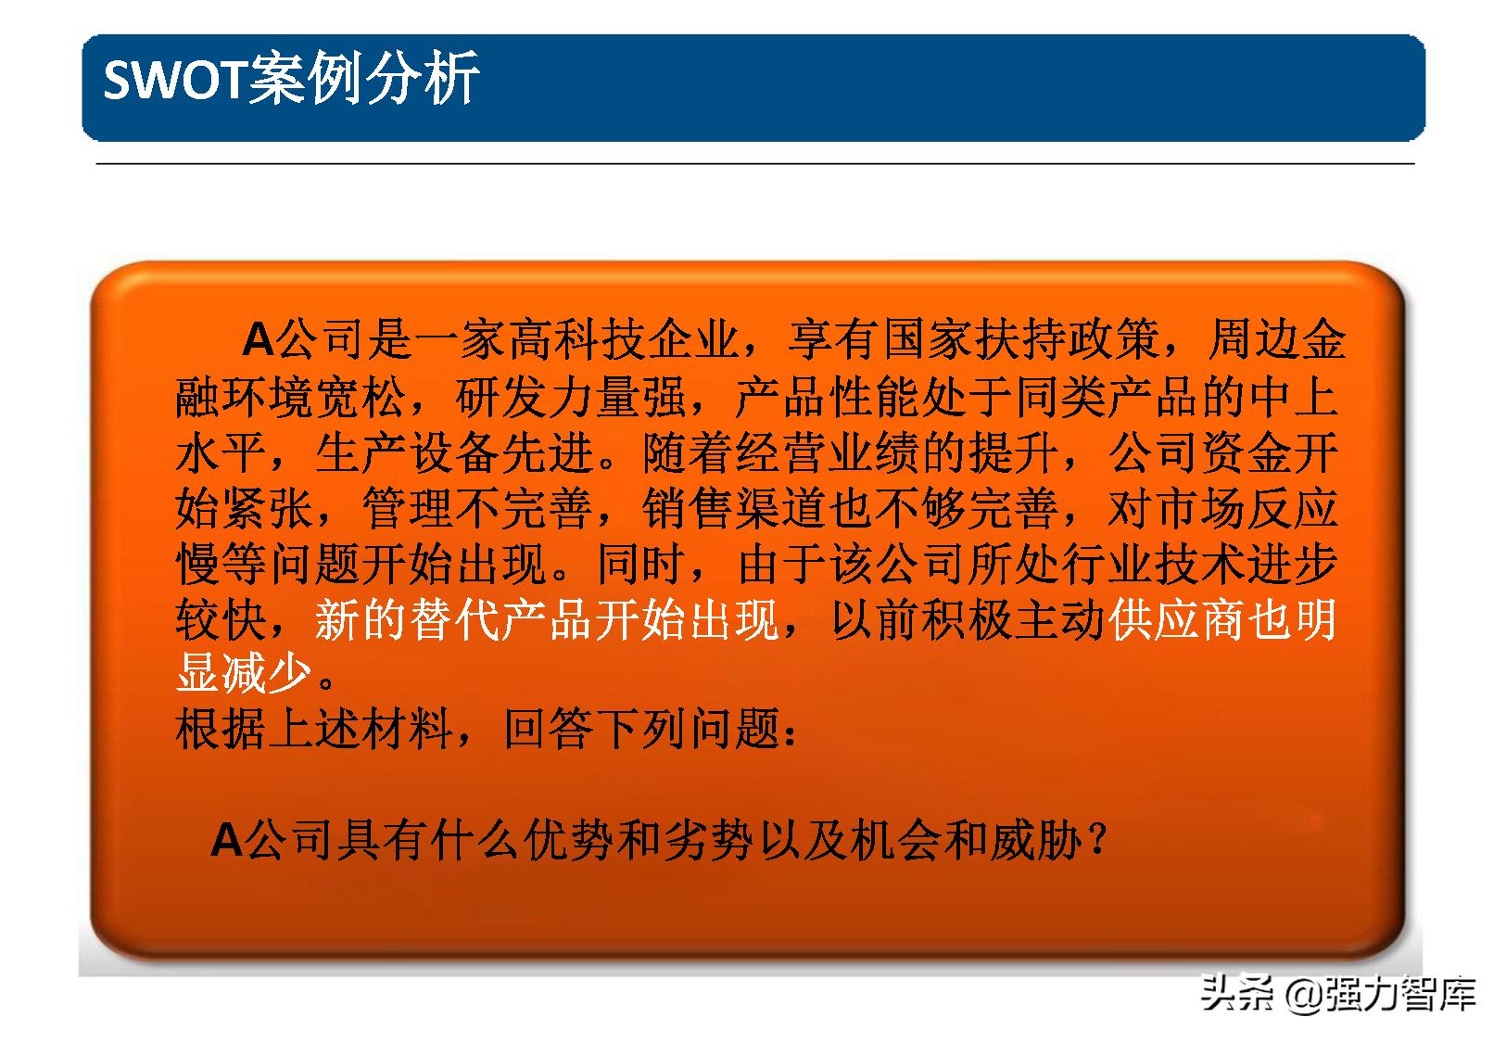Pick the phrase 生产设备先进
tap(454, 453)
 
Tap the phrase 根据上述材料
tap(315, 730)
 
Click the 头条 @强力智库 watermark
tap(1336, 996)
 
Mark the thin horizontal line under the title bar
tap(755, 164)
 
